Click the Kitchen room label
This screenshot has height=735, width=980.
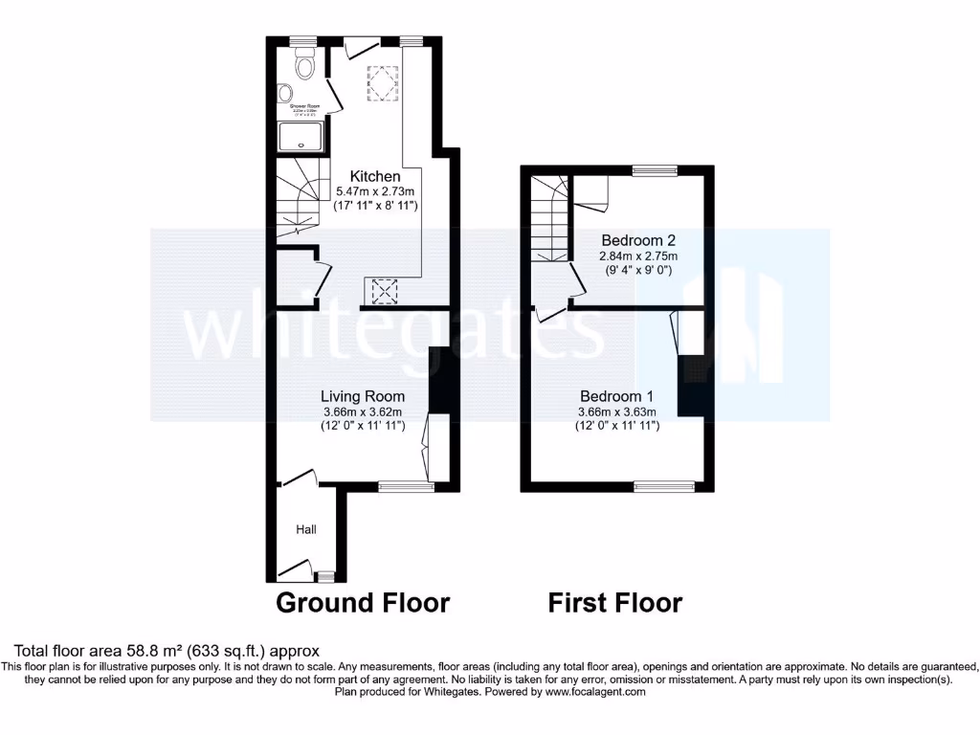[x=374, y=176]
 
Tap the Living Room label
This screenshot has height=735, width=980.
[x=362, y=396]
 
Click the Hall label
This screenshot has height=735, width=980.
[x=305, y=528]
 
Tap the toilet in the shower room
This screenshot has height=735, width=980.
[x=305, y=65]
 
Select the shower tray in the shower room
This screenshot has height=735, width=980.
[x=301, y=139]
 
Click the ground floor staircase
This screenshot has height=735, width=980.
[x=298, y=201]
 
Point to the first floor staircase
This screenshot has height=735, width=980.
[x=550, y=220]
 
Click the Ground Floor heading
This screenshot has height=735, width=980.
[x=363, y=603]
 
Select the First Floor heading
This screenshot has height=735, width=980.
[x=614, y=603]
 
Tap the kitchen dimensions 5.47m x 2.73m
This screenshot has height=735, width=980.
[x=374, y=191]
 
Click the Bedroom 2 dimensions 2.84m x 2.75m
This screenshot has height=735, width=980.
[x=638, y=256]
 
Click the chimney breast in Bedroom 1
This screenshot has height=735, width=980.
[x=691, y=385]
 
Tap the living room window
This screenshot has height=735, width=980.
[x=406, y=486]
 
